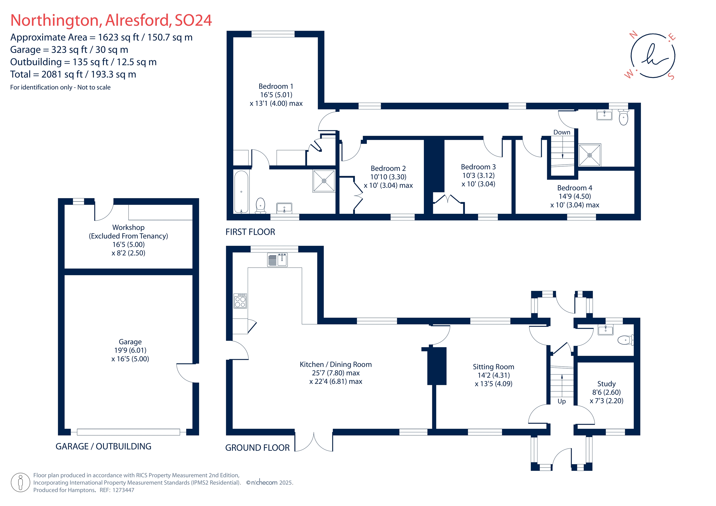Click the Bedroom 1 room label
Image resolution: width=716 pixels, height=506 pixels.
276,86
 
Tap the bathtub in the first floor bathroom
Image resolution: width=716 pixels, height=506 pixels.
241,192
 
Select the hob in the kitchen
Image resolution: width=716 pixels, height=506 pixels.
240,301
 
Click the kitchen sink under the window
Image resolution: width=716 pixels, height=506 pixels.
277,260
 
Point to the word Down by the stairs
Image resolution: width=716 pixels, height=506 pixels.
562,132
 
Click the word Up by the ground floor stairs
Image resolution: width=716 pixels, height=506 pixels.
561,401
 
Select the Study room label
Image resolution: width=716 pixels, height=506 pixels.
606,384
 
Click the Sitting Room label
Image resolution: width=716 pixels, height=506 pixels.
493,367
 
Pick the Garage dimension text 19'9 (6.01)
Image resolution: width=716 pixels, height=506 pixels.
130,351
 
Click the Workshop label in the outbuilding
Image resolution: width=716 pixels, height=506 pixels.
128,227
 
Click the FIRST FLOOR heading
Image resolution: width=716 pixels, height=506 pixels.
250,232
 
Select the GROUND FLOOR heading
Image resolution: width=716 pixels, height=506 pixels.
257,448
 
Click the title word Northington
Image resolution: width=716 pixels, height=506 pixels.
55,21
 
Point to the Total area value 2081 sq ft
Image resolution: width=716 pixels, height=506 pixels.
62,74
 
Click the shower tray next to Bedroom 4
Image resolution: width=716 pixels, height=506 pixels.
590,155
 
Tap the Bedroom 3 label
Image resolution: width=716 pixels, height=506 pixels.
478,167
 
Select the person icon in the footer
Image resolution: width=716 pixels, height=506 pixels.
21,482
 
